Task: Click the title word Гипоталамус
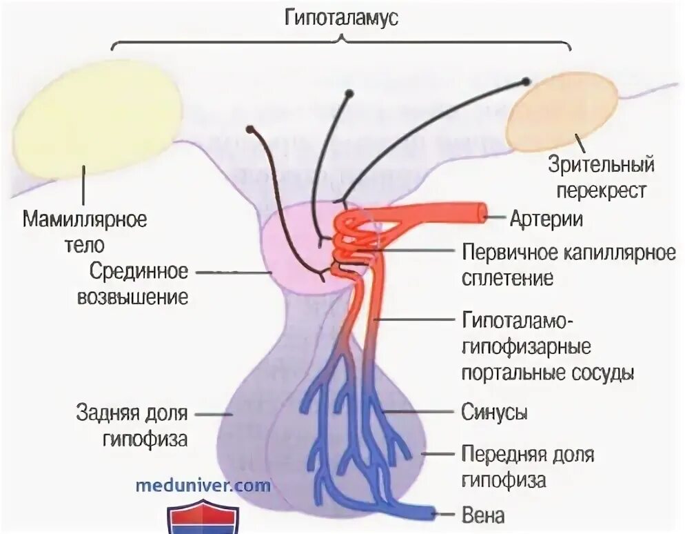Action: [x=342, y=18]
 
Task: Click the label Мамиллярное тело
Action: [x=85, y=231]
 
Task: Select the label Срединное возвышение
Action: [x=139, y=284]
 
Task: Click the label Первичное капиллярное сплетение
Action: [x=569, y=265]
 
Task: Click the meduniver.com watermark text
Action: [x=203, y=485]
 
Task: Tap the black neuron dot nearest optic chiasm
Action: [x=526, y=81]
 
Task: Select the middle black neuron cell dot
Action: [x=349, y=93]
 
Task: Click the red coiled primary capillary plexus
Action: [x=351, y=241]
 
